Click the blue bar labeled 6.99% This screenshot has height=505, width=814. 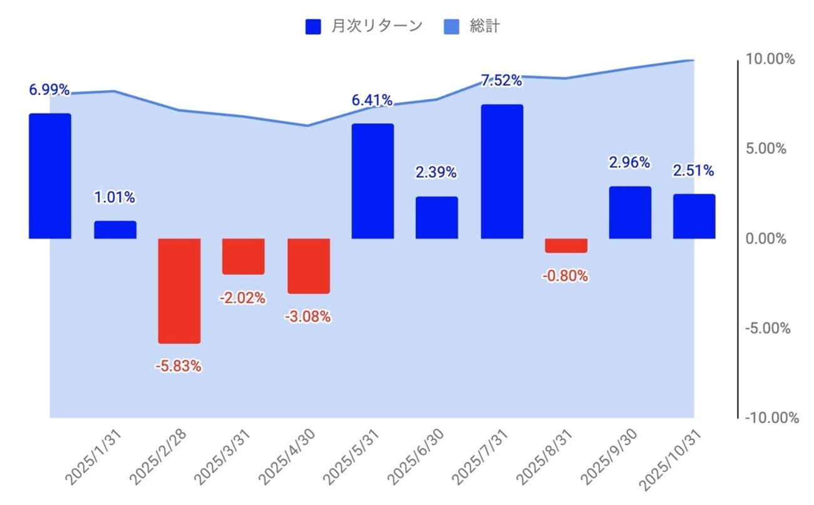[50, 176]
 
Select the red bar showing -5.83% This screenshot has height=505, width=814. [179, 290]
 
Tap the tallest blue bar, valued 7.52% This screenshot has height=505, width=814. [502, 171]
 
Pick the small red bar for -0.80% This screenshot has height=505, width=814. [566, 245]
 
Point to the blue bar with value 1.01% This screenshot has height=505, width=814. [115, 230]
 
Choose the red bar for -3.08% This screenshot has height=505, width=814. [308, 266]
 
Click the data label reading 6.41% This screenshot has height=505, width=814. [372, 100]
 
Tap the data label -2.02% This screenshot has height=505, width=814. [242, 298]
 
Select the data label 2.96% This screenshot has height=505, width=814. [629, 163]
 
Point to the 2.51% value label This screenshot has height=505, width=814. [693, 170]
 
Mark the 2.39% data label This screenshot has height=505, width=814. [436, 173]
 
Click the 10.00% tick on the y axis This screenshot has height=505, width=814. [770, 59]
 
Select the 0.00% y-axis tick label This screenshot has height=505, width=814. [765, 239]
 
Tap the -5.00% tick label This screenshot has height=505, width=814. [768, 329]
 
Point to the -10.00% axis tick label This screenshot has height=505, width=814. [771, 418]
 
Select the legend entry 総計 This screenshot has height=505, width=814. [485, 26]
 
